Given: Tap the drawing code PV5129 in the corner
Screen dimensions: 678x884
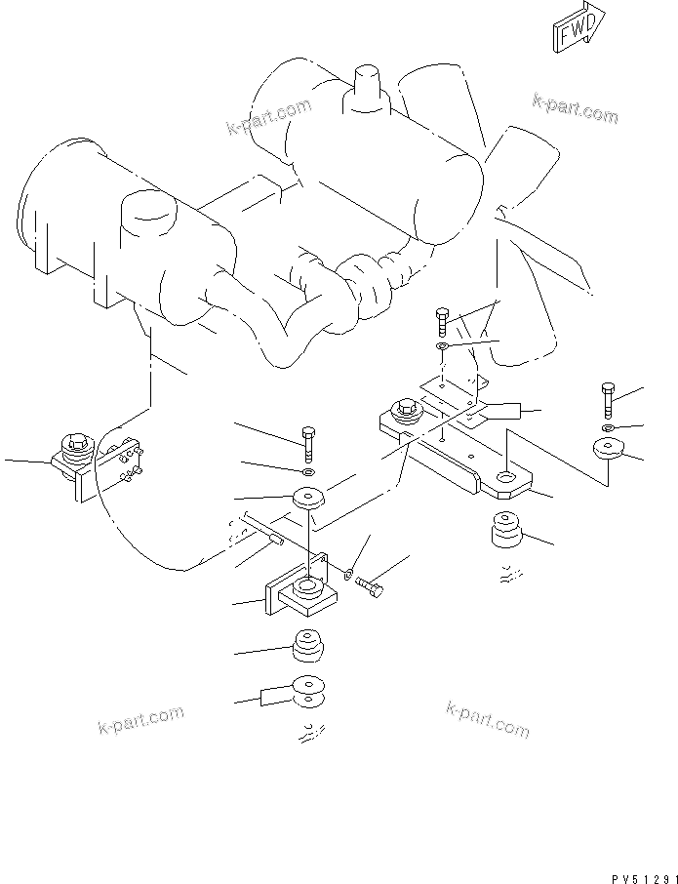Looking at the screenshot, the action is pos(644,879).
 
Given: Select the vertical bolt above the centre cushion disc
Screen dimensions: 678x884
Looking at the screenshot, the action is pos(308,444).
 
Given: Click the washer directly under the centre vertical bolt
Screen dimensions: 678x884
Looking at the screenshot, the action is pos(309,471).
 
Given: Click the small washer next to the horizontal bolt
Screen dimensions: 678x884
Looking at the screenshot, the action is pos(348,575).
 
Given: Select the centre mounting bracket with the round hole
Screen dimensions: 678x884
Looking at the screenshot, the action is pos(302,586).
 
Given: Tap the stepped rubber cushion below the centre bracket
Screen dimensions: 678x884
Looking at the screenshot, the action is pos(308,645).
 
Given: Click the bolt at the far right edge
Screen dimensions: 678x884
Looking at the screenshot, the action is pos(608,400).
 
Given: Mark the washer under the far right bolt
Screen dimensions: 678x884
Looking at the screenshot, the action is pos(608,428).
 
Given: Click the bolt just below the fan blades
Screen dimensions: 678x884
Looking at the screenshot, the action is pos(443,323).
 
